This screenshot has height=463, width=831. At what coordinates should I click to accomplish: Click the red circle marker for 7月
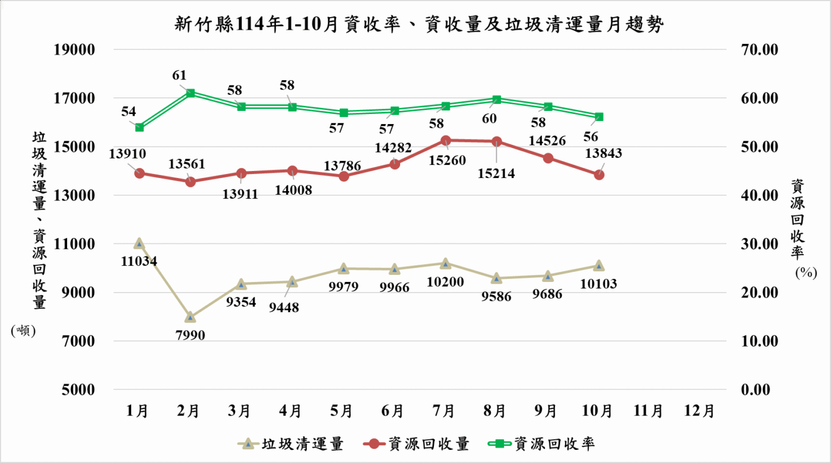446,141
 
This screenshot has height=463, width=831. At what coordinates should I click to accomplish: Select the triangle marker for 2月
190,317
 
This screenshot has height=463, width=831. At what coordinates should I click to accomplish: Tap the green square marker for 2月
190,93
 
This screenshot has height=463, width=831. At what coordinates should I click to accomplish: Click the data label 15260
445,160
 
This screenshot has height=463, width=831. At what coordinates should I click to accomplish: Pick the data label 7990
190,335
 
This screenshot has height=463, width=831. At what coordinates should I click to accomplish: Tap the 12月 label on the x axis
700,411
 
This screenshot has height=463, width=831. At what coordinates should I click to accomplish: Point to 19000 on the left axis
74,50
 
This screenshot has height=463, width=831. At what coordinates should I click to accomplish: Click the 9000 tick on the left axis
78,293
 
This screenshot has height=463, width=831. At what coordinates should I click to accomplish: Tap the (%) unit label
805,272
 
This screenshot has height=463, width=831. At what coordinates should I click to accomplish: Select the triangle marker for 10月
598,266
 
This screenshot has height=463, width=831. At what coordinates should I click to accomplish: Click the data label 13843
603,153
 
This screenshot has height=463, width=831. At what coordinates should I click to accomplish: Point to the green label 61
180,75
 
